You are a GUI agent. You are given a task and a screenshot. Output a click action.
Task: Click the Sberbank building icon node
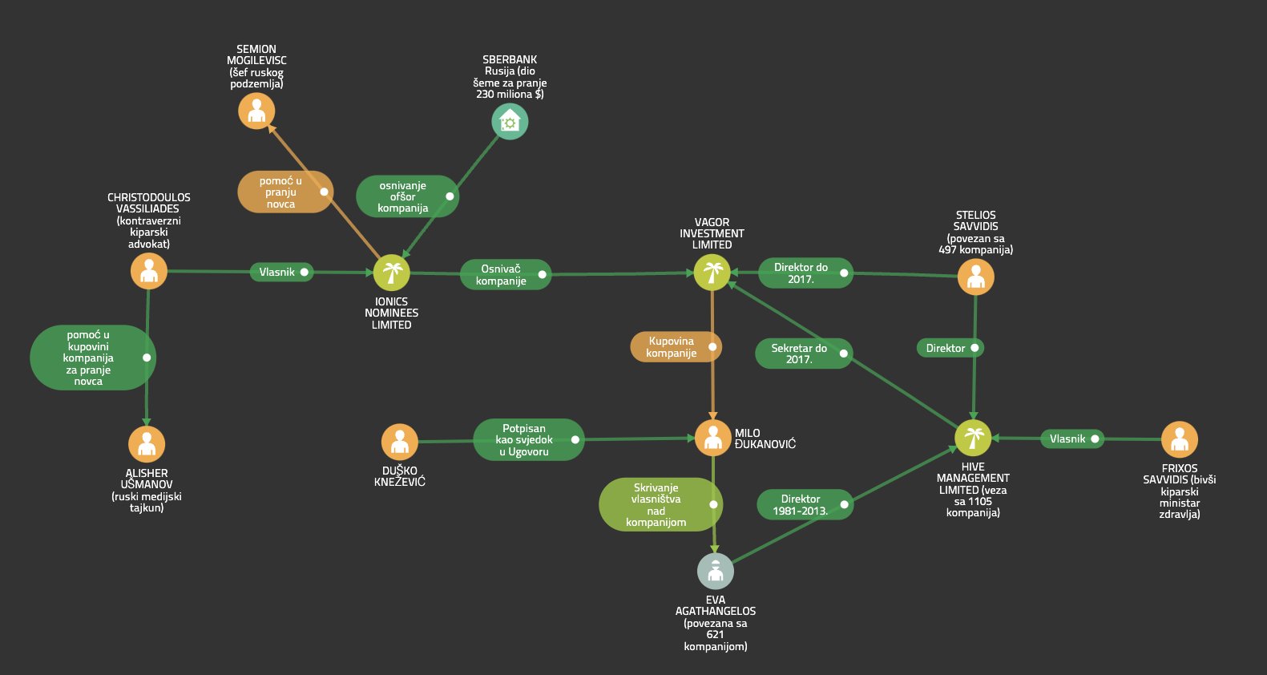[510, 122]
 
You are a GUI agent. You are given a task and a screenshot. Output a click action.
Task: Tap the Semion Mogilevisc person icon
[256, 111]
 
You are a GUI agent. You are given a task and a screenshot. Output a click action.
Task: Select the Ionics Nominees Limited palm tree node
[391, 272]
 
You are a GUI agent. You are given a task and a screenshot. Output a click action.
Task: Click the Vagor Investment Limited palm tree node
[712, 272]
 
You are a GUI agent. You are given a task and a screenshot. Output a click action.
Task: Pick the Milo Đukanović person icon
[712, 438]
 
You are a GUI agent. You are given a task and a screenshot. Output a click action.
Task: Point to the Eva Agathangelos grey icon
[716, 571]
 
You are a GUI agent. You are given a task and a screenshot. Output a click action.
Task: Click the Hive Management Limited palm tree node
[973, 438]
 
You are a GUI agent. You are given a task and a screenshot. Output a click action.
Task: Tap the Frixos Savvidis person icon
[1180, 439]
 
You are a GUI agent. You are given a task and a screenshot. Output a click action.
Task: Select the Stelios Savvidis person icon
[976, 277]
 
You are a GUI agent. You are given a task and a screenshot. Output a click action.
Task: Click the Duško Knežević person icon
[399, 442]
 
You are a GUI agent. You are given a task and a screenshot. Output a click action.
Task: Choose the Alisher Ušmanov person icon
[147, 444]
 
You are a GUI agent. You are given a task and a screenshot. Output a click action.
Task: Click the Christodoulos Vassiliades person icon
[149, 271]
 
